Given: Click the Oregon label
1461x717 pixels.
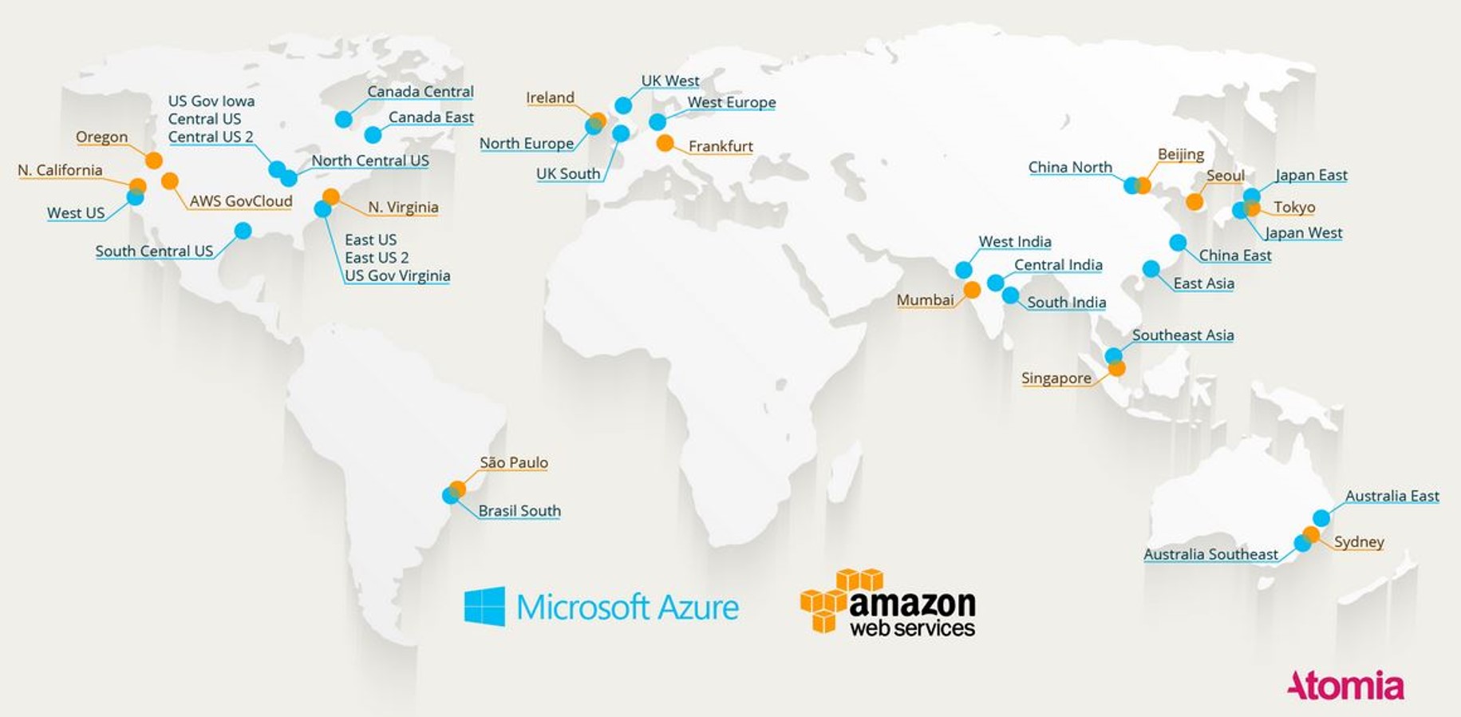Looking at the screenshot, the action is tap(101, 137).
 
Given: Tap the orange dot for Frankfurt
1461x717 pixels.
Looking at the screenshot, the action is tap(665, 143).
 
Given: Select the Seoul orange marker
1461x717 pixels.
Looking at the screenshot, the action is tap(1194, 202).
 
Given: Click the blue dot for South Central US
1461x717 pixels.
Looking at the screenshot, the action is tap(243, 231).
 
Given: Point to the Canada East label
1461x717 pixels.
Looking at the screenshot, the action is tap(431, 117).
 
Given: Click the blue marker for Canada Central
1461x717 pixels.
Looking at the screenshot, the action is tap(344, 120).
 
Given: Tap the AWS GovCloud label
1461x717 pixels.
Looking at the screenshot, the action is tap(241, 201).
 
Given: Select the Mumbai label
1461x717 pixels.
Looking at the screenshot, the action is tap(925, 300).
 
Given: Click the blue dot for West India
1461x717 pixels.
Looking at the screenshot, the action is tap(964, 270).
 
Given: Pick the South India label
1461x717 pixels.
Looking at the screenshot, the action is tap(1066, 303).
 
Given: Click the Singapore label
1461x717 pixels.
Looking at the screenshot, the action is tap(1056, 378).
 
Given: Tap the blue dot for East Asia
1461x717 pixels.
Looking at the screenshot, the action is tap(1151, 269).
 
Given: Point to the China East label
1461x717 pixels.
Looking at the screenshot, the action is tap(1235, 256).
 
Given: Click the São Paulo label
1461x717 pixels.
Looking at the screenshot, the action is tap(514, 462).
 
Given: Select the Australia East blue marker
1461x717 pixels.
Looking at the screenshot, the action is tap(1321, 517).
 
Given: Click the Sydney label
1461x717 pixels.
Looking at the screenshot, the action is tap(1359, 542).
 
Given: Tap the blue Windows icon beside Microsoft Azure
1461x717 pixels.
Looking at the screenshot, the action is tap(484, 607).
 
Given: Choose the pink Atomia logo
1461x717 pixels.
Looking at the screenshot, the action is tap(1345, 686).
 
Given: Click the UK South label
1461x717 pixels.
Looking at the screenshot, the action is tap(568, 174).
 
